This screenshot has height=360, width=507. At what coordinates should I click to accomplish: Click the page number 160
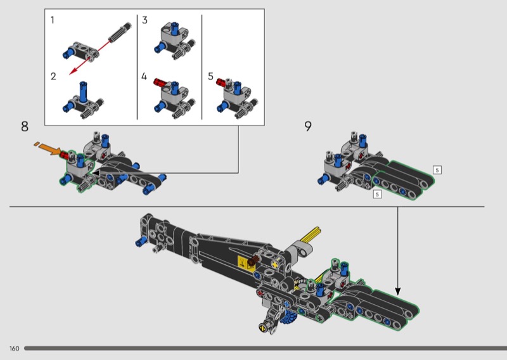14,349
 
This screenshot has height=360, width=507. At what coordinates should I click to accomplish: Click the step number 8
25,126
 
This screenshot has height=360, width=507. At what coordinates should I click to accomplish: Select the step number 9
308,126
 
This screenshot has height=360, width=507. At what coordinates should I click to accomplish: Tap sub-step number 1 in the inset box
53,20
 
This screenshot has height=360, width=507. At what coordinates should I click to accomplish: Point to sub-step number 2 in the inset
53,76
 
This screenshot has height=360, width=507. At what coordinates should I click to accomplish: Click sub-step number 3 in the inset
144,20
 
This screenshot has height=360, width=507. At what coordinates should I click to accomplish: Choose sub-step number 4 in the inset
144,76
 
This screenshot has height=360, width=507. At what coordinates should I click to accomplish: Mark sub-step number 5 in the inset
211,76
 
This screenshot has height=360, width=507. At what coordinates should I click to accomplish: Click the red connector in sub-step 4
159,82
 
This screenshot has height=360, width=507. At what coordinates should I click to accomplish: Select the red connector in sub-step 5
221,82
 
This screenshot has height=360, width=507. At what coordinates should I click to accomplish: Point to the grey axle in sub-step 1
120,32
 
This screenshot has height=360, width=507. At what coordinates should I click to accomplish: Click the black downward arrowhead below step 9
398,291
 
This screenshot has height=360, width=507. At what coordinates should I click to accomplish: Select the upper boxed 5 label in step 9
437,170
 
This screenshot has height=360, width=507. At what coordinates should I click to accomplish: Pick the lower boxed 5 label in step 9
377,194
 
